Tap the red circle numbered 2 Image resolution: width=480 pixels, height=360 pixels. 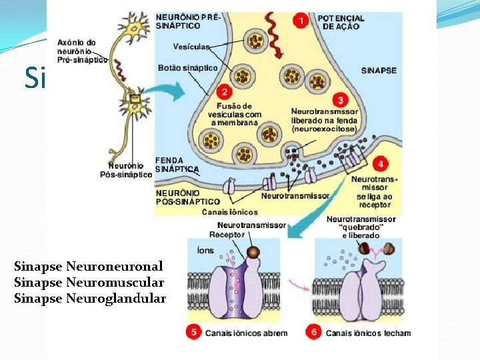[225, 92]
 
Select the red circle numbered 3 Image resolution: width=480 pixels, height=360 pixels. [341, 100]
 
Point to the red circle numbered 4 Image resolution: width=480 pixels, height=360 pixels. [379, 163]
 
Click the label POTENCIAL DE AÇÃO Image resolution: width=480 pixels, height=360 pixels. [341, 23]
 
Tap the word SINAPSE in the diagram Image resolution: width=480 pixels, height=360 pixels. [378, 70]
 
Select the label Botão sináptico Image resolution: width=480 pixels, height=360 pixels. [187, 67]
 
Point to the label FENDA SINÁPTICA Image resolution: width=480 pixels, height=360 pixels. [177, 165]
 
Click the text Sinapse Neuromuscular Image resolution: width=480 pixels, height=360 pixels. [89, 282]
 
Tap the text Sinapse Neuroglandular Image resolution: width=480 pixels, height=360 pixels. [89, 298]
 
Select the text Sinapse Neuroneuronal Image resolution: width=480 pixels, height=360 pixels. [88, 266]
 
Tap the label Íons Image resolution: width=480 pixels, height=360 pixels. [205, 251]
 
